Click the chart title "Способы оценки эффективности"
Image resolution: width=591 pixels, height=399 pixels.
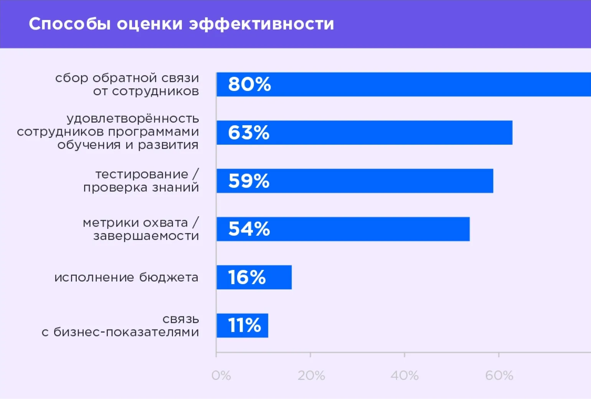(181, 24)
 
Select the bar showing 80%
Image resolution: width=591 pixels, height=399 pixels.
(403, 84)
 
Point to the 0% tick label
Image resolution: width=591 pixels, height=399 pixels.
(221, 375)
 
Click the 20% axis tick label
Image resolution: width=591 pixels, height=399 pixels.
(311, 375)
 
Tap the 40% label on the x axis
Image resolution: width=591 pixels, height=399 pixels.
(404, 375)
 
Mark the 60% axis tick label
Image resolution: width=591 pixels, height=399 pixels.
(499, 375)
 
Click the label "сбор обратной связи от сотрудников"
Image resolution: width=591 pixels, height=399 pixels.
(127, 84)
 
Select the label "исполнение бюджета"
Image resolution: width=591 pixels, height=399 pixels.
(126, 277)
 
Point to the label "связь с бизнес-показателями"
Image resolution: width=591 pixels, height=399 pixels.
(120, 326)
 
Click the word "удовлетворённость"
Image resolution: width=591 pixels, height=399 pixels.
(133, 118)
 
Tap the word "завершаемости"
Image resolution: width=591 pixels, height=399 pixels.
(146, 236)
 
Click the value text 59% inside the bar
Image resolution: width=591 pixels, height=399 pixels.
(249, 181)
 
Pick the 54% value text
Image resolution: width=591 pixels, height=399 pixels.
(249, 229)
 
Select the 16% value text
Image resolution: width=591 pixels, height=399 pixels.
(247, 277)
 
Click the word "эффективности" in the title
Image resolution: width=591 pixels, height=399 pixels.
(261, 24)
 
